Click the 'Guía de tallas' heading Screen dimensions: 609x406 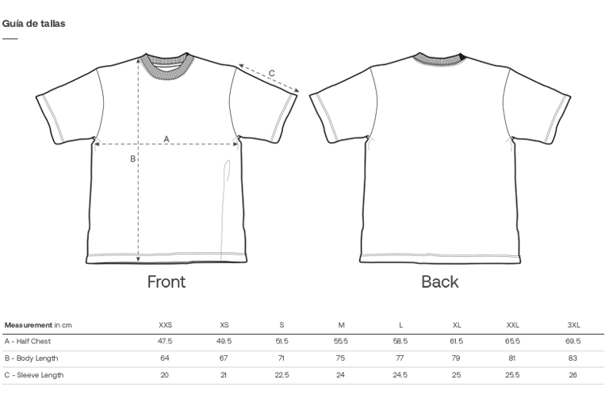33,23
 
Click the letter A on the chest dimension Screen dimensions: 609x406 167,139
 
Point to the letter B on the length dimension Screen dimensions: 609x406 132,159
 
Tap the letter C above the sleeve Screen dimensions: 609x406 271,73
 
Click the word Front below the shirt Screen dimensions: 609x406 167,282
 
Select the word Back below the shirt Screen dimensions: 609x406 439,282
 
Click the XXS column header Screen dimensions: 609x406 165,325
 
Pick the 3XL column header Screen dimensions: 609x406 573,325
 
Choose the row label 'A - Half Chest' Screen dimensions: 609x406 28,342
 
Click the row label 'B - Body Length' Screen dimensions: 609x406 31,358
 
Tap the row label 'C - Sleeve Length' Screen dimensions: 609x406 33,375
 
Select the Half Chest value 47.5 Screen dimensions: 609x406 165,342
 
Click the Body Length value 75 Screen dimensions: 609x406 341,358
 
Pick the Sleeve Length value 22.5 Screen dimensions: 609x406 282,375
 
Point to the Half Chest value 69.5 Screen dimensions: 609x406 573,342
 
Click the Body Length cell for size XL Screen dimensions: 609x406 456,358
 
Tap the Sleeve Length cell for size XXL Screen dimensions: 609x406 513,375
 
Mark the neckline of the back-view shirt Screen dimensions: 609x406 439,59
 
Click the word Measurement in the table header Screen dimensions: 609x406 28,325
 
